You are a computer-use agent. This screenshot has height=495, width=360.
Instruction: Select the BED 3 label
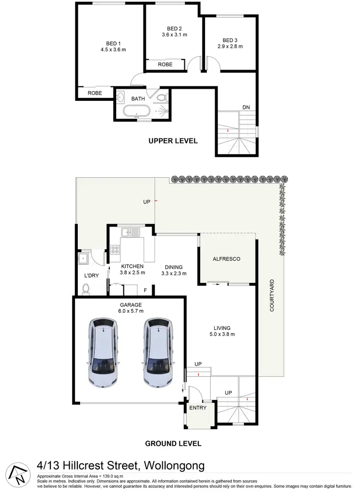(x=230, y=40)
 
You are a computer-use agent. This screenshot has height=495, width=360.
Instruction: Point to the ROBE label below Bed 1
(x=95, y=93)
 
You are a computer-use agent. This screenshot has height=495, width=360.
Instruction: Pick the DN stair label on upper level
(x=246, y=108)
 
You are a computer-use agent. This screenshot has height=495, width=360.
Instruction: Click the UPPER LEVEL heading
(x=173, y=141)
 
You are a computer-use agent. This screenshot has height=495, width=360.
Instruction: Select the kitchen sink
(x=130, y=233)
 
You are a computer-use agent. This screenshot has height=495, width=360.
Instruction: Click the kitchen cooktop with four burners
(x=115, y=249)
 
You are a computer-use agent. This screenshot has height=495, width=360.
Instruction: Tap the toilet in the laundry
(x=86, y=289)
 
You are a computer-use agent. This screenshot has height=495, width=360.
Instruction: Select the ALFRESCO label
(x=226, y=259)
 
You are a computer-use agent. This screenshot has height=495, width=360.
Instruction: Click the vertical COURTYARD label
(x=272, y=296)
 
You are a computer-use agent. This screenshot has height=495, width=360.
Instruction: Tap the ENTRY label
(x=198, y=408)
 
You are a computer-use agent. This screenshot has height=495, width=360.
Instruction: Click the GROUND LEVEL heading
(x=173, y=443)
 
